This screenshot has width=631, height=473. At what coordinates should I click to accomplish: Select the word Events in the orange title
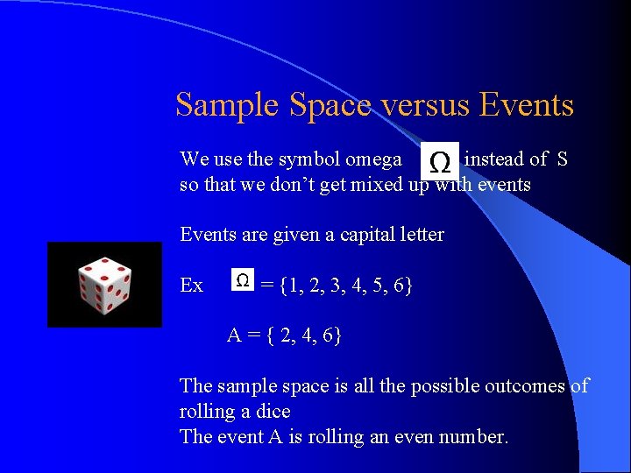526,106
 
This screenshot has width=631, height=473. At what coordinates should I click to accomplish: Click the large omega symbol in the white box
440,161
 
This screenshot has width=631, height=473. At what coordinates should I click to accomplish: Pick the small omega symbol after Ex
243,280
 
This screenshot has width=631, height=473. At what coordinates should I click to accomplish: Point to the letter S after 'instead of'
562,159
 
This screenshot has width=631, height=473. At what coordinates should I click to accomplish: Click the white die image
104,286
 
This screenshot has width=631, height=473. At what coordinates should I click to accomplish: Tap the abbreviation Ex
191,286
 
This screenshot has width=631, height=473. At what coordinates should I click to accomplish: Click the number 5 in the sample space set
379,286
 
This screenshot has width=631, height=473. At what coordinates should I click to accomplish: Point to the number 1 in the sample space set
294,286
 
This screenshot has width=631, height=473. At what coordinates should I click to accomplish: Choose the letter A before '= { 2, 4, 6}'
234,335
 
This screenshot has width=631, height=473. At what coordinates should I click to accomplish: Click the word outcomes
521,385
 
